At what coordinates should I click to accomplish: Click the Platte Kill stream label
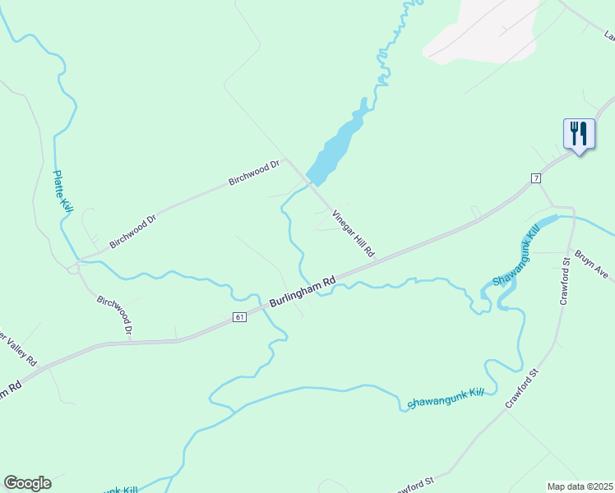(62, 192)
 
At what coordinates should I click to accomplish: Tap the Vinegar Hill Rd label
(354, 234)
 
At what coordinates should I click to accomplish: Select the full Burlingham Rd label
(303, 293)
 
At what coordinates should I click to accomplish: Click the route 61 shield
(239, 317)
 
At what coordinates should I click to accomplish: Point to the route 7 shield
(535, 178)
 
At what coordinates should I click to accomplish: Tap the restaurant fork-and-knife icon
(579, 133)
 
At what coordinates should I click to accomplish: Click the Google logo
(27, 483)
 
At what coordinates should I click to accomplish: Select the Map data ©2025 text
(580, 486)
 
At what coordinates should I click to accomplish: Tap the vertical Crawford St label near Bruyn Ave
(565, 281)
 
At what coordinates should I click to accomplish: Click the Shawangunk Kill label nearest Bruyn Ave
(515, 259)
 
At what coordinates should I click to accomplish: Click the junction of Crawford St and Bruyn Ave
(570, 251)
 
